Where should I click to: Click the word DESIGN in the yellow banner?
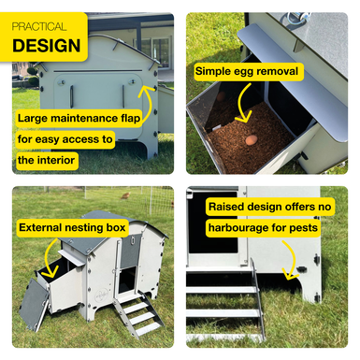[x=47, y=46]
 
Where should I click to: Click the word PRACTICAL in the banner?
[x=39, y=26]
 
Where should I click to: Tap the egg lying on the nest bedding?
[x=252, y=140]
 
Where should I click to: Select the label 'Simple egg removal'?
[x=247, y=71]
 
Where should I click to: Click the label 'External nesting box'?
[x=72, y=227]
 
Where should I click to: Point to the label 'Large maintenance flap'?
[x=79, y=119]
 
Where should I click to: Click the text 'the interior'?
[x=46, y=160]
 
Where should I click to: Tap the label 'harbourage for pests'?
[x=263, y=228]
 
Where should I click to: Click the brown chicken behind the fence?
[x=125, y=195]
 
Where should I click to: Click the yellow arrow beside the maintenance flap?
[x=149, y=103]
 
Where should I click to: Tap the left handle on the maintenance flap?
[x=71, y=97]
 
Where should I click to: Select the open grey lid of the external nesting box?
[x=34, y=304]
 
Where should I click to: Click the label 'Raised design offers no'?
[x=270, y=207]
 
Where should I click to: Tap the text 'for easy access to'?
[x=65, y=139]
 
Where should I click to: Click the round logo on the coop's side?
[x=101, y=294]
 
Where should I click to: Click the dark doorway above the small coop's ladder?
[x=128, y=281]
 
